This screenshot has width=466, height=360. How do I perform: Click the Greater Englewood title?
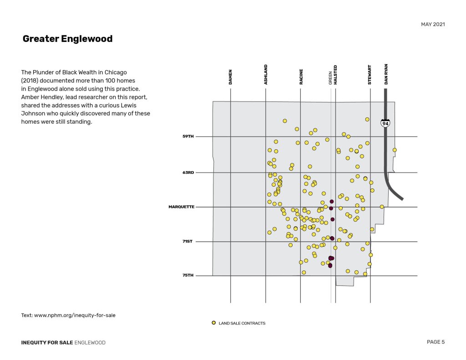pyautogui.click(x=67, y=39)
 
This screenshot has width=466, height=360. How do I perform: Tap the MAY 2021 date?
pyautogui.click(x=433, y=24)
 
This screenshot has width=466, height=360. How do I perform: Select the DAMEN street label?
pyautogui.click(x=230, y=76)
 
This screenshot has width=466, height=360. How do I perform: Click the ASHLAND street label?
pyautogui.click(x=266, y=74)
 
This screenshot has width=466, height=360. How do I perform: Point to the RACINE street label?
pyautogui.click(x=301, y=76)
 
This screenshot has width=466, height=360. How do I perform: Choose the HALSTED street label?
pyautogui.click(x=336, y=75)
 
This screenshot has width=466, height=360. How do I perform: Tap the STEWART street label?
pyautogui.click(x=370, y=75)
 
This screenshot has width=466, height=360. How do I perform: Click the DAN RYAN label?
pyautogui.click(x=386, y=74)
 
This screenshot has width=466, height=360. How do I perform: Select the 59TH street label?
pyautogui.click(x=188, y=137)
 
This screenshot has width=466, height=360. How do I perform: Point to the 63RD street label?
pyautogui.click(x=188, y=172)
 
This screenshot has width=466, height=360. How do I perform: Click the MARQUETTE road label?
pyautogui.click(x=182, y=207)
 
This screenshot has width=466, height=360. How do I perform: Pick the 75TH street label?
pyautogui.click(x=188, y=275)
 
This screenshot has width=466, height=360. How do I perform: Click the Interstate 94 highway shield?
pyautogui.click(x=385, y=123)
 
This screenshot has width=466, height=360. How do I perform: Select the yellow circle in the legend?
pyautogui.click(x=214, y=323)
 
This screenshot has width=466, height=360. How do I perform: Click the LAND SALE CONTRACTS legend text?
pyautogui.click(x=242, y=323)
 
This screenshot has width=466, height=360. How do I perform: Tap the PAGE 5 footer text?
pyautogui.click(x=436, y=342)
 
